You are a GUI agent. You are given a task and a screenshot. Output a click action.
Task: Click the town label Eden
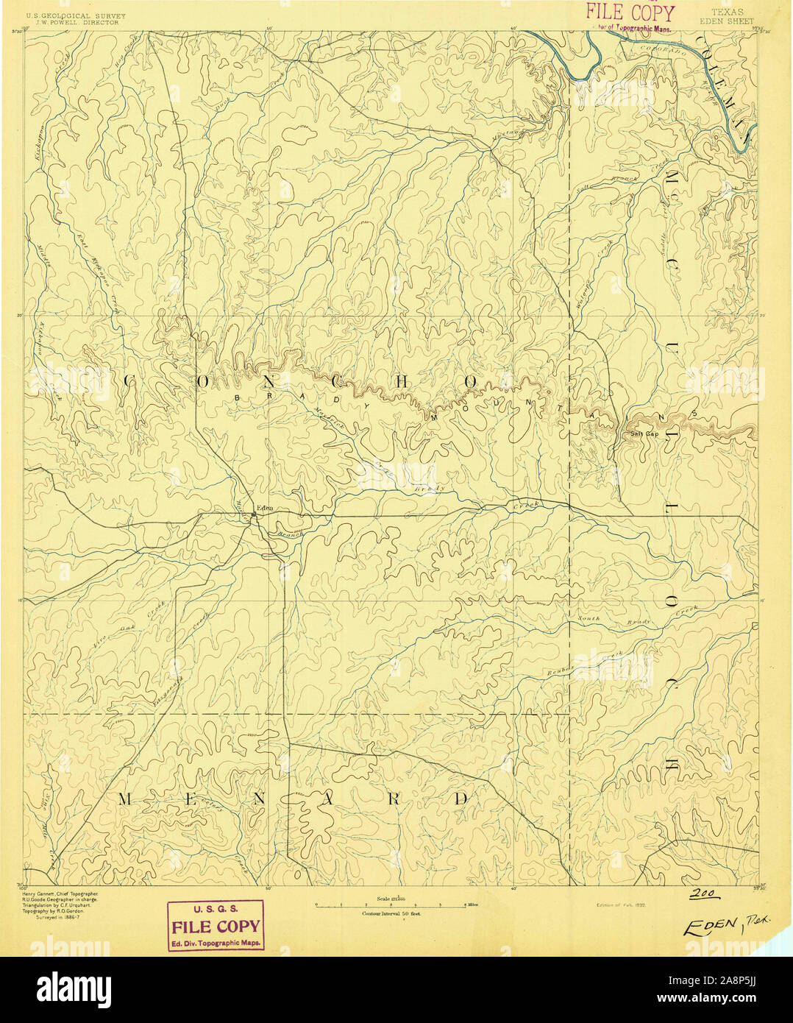click(x=266, y=506)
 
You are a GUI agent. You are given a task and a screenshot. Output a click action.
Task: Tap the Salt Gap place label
click(x=644, y=433)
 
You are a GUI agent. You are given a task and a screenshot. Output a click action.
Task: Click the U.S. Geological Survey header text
click(x=76, y=15)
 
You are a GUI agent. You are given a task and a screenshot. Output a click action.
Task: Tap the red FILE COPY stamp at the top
click(x=629, y=14)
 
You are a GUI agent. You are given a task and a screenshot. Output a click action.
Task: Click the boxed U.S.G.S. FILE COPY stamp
click(x=215, y=925)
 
